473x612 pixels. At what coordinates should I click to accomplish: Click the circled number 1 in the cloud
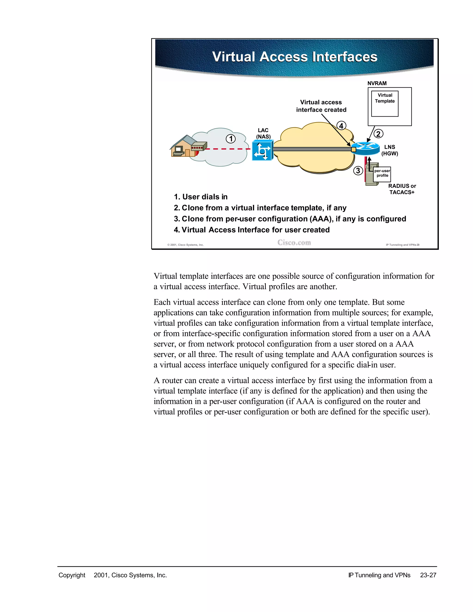231,139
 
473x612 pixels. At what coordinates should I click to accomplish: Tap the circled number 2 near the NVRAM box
378,134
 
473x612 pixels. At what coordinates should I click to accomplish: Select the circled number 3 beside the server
358,171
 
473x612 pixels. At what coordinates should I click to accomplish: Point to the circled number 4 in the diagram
341,126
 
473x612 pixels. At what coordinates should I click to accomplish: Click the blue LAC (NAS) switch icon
262,151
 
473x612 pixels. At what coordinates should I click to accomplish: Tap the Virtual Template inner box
385,103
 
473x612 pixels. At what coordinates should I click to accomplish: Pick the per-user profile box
382,174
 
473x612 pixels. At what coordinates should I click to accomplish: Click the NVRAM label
377,83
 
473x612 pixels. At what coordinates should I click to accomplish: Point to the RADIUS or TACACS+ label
402,189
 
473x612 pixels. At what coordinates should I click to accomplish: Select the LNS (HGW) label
389,150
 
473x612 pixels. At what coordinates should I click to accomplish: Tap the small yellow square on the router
354,150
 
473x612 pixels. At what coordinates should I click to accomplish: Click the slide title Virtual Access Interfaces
294,57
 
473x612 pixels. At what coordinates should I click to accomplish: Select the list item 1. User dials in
201,197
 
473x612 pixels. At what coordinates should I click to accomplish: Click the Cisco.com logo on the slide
294,243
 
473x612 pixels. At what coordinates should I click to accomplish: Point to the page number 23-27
428,575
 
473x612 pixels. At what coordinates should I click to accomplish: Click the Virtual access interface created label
321,106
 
